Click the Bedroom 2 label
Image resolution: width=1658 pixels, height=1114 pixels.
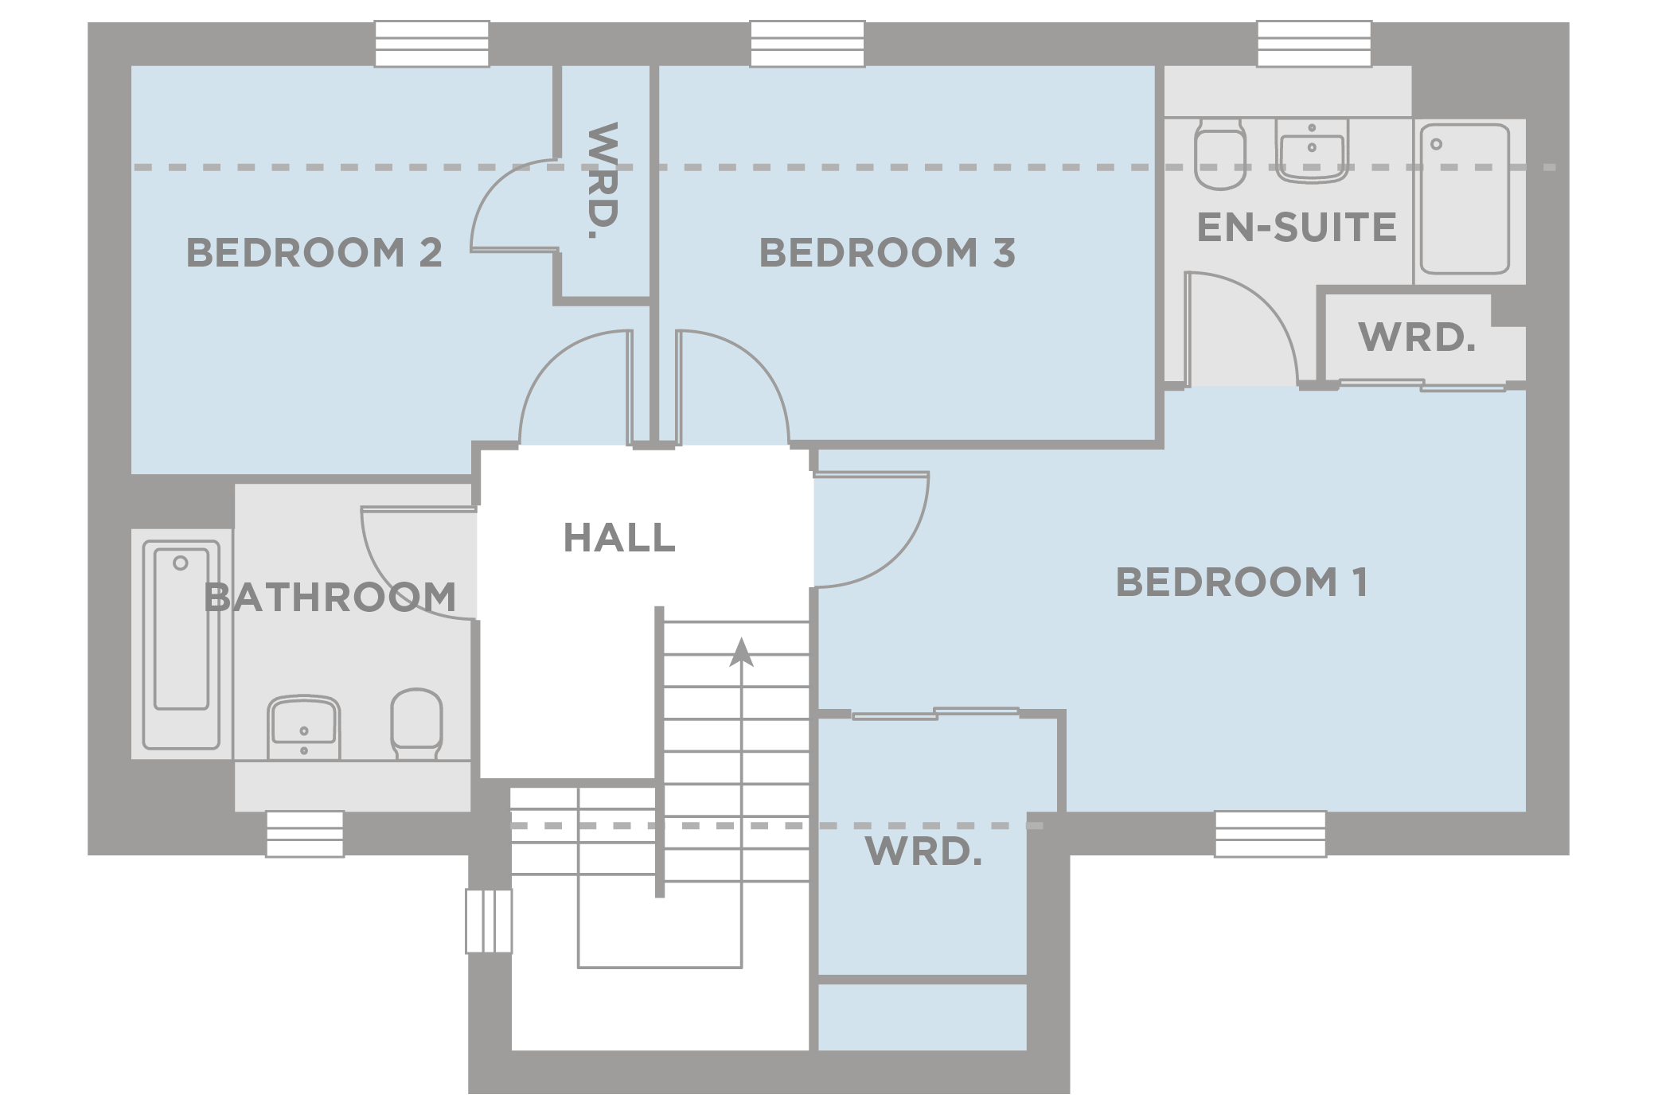[x=314, y=253]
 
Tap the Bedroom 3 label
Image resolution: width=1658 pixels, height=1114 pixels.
[x=887, y=253]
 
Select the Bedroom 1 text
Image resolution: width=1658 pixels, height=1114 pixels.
[x=1242, y=582]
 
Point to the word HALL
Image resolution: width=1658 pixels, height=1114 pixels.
[x=619, y=538]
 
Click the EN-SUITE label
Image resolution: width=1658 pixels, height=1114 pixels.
[x=1297, y=227]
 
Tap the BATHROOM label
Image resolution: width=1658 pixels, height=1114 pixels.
[x=330, y=597]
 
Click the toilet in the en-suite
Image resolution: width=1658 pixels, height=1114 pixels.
[x=1220, y=154]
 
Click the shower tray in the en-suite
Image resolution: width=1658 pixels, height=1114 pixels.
[x=1465, y=199]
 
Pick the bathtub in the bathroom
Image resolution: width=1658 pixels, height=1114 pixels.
[x=181, y=645]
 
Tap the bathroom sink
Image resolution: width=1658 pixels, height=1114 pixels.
[x=303, y=727]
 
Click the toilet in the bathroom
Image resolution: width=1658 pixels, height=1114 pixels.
[x=416, y=723]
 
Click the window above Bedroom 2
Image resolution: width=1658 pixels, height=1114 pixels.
[x=431, y=45]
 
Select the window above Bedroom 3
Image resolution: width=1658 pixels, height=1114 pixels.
[x=807, y=45]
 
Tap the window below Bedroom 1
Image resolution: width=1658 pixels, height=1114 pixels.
[x=1270, y=834]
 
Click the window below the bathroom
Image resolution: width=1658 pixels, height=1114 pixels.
[x=305, y=834]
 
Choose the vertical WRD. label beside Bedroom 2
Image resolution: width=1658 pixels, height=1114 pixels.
[x=603, y=181]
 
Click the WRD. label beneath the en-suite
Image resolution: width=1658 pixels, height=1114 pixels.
[x=1418, y=337]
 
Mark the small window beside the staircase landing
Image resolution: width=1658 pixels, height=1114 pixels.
[x=489, y=921]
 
